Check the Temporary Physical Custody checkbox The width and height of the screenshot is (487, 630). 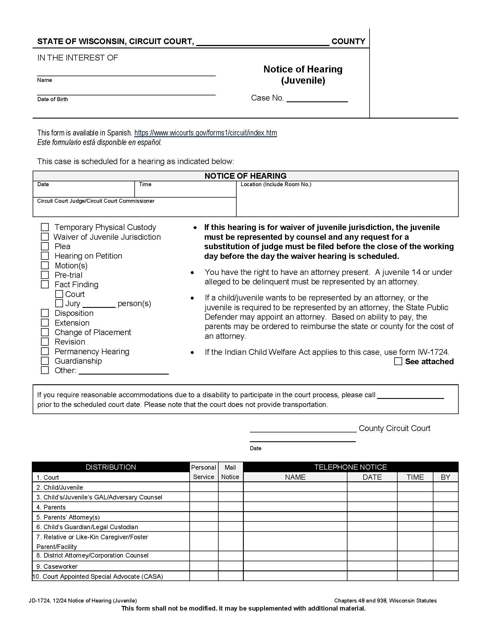click(45, 227)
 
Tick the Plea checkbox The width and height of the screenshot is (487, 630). click(45, 246)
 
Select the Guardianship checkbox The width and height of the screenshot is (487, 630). click(45, 361)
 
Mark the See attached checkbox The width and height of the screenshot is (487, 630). click(398, 361)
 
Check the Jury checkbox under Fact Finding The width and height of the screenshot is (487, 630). click(59, 303)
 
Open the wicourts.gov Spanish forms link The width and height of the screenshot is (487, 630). click(205, 133)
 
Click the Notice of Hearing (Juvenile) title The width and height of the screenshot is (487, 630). click(303, 74)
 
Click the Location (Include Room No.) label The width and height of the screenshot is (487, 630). click(276, 184)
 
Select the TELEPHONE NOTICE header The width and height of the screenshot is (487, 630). click(350, 467)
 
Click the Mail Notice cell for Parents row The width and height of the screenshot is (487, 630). click(230, 507)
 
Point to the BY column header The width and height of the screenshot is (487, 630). click(445, 477)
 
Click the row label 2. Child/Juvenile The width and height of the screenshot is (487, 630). click(60, 487)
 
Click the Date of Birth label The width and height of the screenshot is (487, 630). click(52, 99)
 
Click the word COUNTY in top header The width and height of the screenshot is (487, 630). click(348, 41)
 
